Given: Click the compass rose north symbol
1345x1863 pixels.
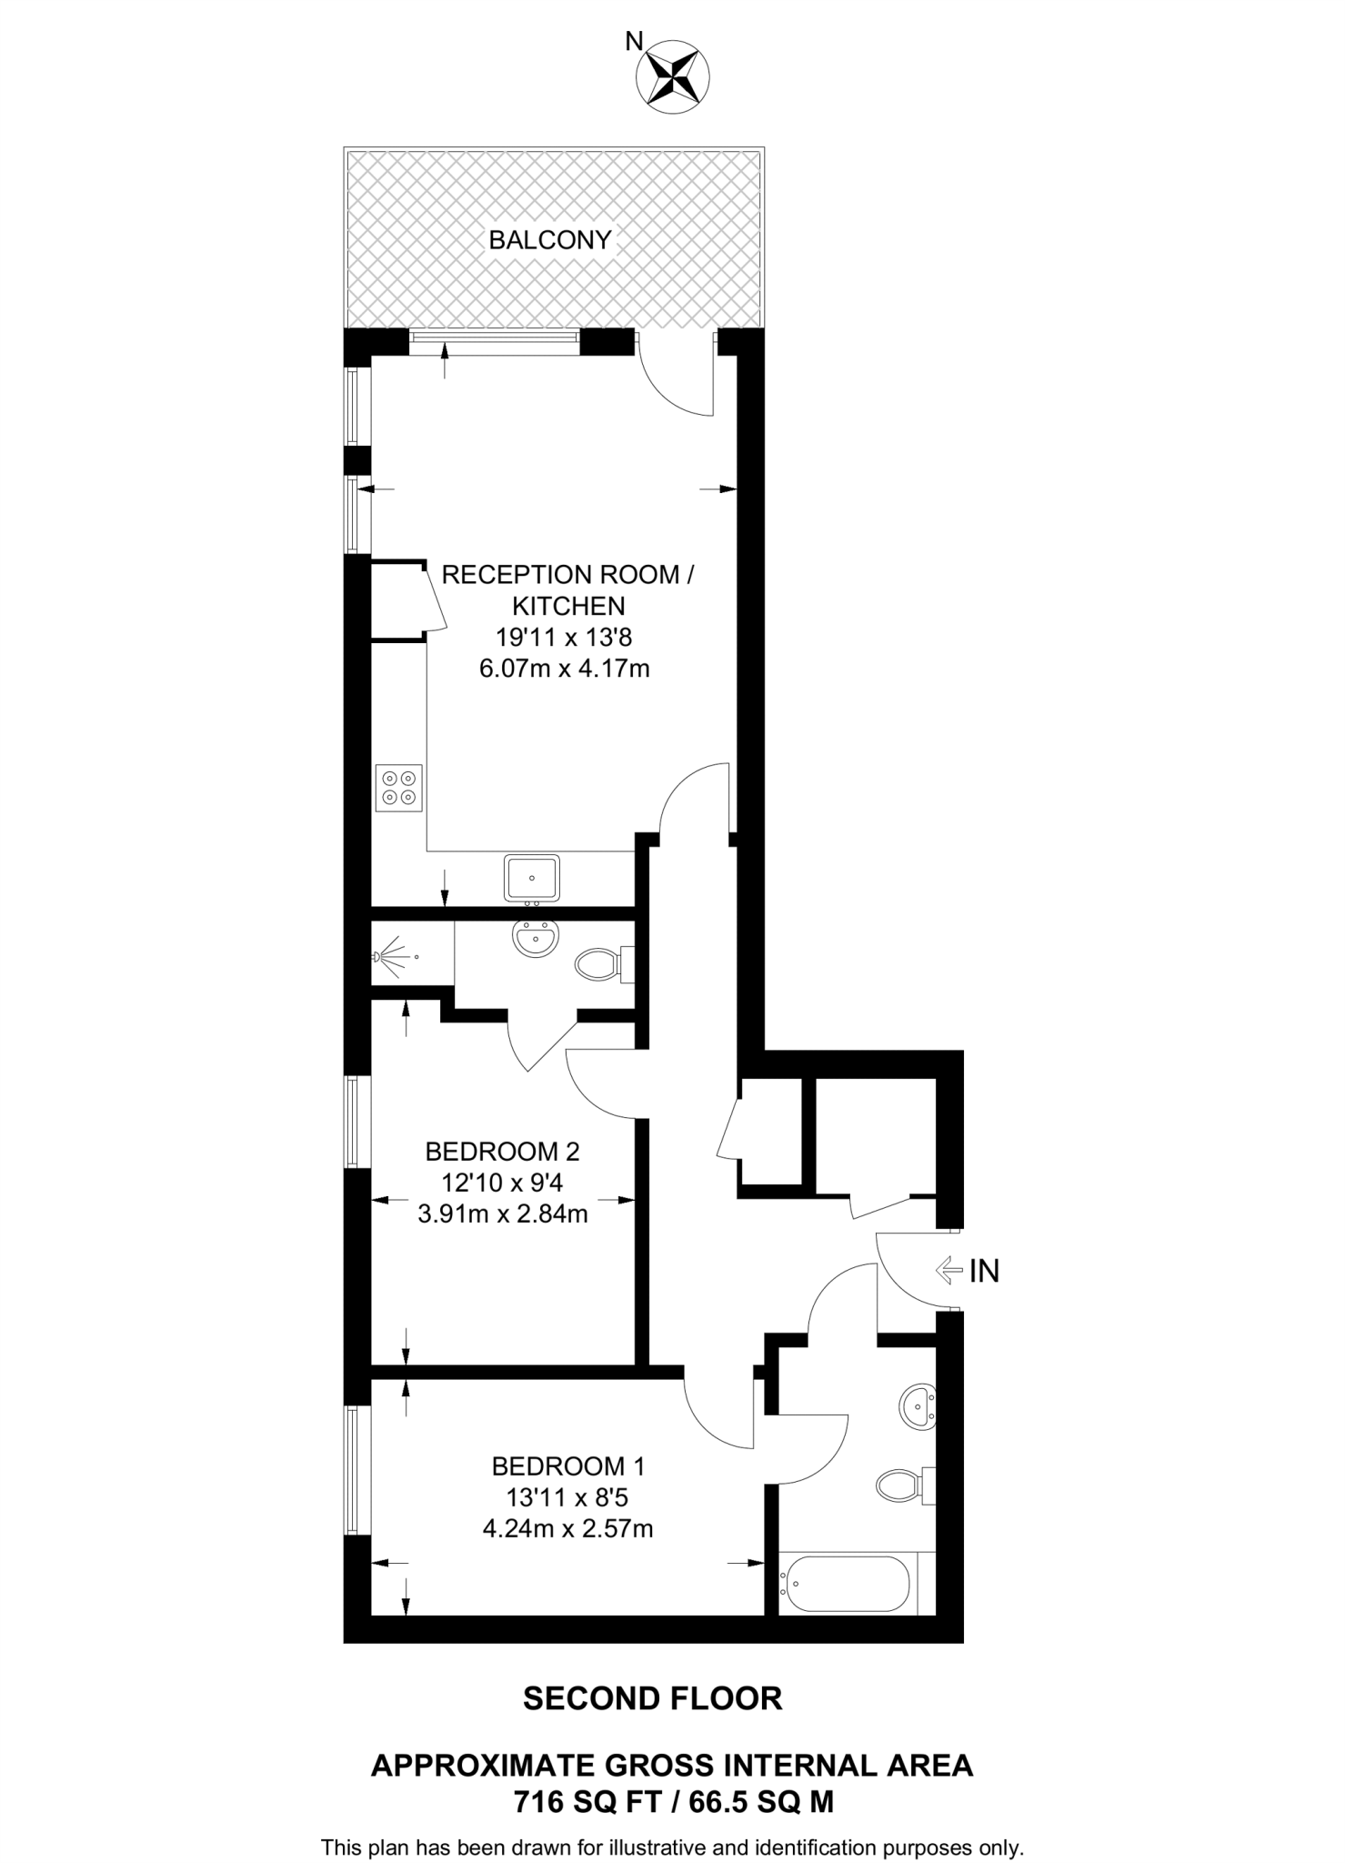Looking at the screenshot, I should click(675, 76).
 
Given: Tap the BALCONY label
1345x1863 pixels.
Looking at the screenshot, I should click(550, 240).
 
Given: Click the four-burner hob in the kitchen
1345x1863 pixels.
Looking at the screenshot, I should click(399, 788).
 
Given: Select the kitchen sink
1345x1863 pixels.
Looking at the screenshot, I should click(532, 878).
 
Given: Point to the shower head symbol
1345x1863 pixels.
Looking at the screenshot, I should click(391, 957).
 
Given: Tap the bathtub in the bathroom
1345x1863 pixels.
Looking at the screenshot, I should click(846, 1583).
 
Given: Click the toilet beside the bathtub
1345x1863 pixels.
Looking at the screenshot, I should click(900, 1486).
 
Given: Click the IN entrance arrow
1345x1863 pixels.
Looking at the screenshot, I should click(950, 1270).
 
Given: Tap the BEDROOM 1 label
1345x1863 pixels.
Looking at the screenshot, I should click(567, 1466).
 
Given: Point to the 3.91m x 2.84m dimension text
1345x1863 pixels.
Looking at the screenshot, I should click(502, 1213).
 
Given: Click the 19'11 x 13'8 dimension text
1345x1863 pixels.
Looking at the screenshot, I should click(564, 638).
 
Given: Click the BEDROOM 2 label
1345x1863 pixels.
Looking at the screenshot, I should click(502, 1152).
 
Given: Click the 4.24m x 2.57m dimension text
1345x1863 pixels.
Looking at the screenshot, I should click(567, 1528).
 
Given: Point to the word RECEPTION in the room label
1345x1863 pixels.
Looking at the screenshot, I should click(515, 575).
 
